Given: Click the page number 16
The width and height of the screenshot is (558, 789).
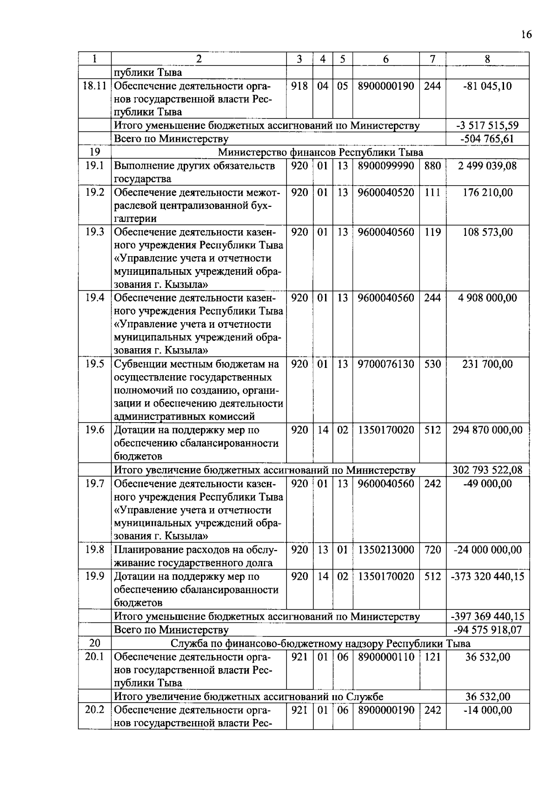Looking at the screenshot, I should (526, 35).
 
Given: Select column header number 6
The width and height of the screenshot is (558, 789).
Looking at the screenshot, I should (385, 59).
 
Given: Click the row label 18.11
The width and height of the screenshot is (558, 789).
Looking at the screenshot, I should (94, 86).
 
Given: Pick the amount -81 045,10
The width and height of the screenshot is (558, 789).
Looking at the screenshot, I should (487, 86).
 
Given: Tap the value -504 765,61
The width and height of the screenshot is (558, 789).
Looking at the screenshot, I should (487, 139).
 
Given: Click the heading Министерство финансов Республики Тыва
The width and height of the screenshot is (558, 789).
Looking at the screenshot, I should (320, 152).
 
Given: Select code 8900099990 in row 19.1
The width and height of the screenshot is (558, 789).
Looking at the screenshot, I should (385, 166).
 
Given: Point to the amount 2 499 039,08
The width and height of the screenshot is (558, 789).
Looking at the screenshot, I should (487, 166).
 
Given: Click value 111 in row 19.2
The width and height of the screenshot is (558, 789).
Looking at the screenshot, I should (432, 192).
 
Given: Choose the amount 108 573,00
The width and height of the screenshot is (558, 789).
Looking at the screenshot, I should (487, 232).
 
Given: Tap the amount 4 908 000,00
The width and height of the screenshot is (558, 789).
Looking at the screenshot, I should (487, 298).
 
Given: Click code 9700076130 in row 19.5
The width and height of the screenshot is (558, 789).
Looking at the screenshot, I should (385, 364).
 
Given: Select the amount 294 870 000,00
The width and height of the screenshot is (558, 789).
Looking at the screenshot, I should (487, 430).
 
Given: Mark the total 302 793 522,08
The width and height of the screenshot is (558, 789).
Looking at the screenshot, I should (487, 470).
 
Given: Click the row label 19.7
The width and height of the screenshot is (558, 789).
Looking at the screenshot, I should (94, 484).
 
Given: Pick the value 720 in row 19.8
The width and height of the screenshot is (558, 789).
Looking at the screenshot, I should (432, 550).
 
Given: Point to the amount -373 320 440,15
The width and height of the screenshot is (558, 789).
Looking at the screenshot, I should (487, 577).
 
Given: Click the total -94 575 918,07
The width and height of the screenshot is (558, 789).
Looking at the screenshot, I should (487, 630).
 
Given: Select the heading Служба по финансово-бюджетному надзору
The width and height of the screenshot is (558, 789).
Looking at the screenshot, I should (320, 643).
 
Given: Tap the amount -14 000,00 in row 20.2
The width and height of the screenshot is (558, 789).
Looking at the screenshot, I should (487, 710).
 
